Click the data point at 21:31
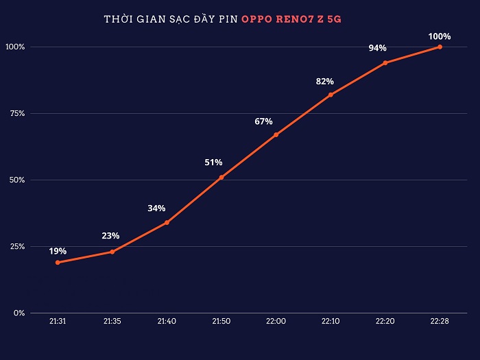pyautogui.click(x=58, y=263)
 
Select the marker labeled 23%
pyautogui.click(x=112, y=252)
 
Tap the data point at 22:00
pyautogui.click(x=276, y=135)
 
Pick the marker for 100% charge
pyautogui.click(x=440, y=47)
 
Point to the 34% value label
pyautogui.click(x=156, y=208)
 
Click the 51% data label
pyautogui.click(x=213, y=163)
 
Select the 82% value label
pyautogui.click(x=325, y=82)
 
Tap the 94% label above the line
pyautogui.click(x=377, y=48)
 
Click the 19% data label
pyautogui.click(x=58, y=251)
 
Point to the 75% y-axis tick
pyautogui.click(x=16, y=114)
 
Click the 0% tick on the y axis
pyautogui.click(x=19, y=313)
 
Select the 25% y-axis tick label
pyautogui.click(x=16, y=247)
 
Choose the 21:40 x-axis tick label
pyautogui.click(x=167, y=322)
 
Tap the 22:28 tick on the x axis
pyautogui.click(x=440, y=322)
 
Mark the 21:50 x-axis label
pyautogui.click(x=221, y=322)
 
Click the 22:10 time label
pyautogui.click(x=331, y=322)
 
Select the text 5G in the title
pyautogui.click(x=334, y=20)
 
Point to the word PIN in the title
pyautogui.click(x=226, y=20)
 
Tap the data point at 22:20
pyautogui.click(x=385, y=62)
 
